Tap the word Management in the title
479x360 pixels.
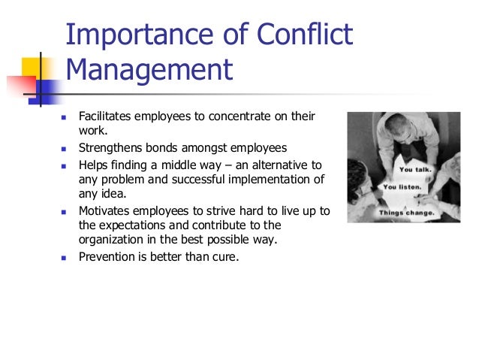[149, 72]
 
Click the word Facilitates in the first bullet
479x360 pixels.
[104, 117]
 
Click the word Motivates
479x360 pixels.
[105, 210]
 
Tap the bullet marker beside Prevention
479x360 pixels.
[64, 256]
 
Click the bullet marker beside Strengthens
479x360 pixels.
[64, 147]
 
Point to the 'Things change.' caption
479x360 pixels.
[406, 212]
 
